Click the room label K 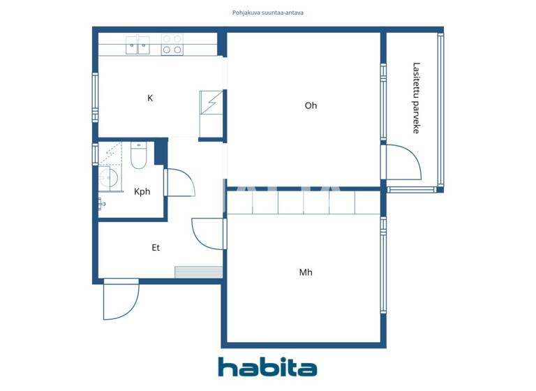point(150,98)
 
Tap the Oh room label point(311,106)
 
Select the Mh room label point(306,272)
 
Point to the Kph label point(142,192)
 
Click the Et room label point(156,248)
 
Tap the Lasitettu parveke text point(416,98)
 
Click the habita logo point(267,367)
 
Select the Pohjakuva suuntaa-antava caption point(267,13)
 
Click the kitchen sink point(137,45)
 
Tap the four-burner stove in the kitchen point(172,45)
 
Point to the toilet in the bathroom point(137,157)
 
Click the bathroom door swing point(180,183)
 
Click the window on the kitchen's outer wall point(96,98)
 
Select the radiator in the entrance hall point(198,272)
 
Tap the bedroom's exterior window point(382,265)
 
